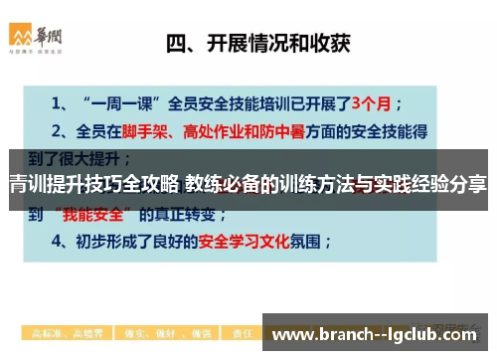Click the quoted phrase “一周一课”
point(126,101)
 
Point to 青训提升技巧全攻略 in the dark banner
point(94,183)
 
